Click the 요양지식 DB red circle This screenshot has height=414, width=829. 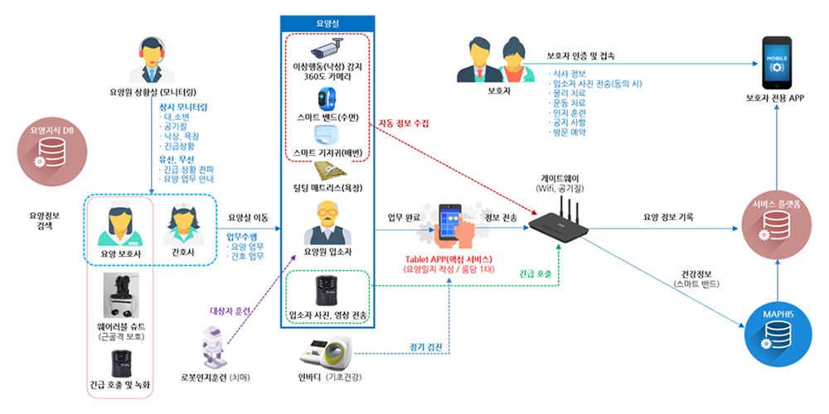[46, 149]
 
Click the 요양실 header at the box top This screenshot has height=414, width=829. [326, 23]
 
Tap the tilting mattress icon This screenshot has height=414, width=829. [326, 172]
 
